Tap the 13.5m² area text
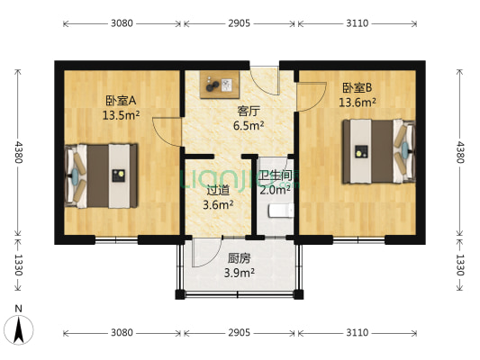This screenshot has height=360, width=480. [x=120, y=115]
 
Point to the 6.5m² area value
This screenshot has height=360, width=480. [x=249, y=126]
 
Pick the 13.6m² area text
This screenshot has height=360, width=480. [x=357, y=102]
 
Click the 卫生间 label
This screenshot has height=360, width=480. [x=275, y=175]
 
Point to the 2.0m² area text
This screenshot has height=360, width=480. [x=275, y=190]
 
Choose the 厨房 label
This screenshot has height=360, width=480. [x=238, y=258]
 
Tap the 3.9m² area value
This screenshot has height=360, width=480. [x=238, y=273]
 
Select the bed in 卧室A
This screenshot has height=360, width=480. [x=101, y=174]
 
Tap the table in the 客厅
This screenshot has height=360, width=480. [x=220, y=85]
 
